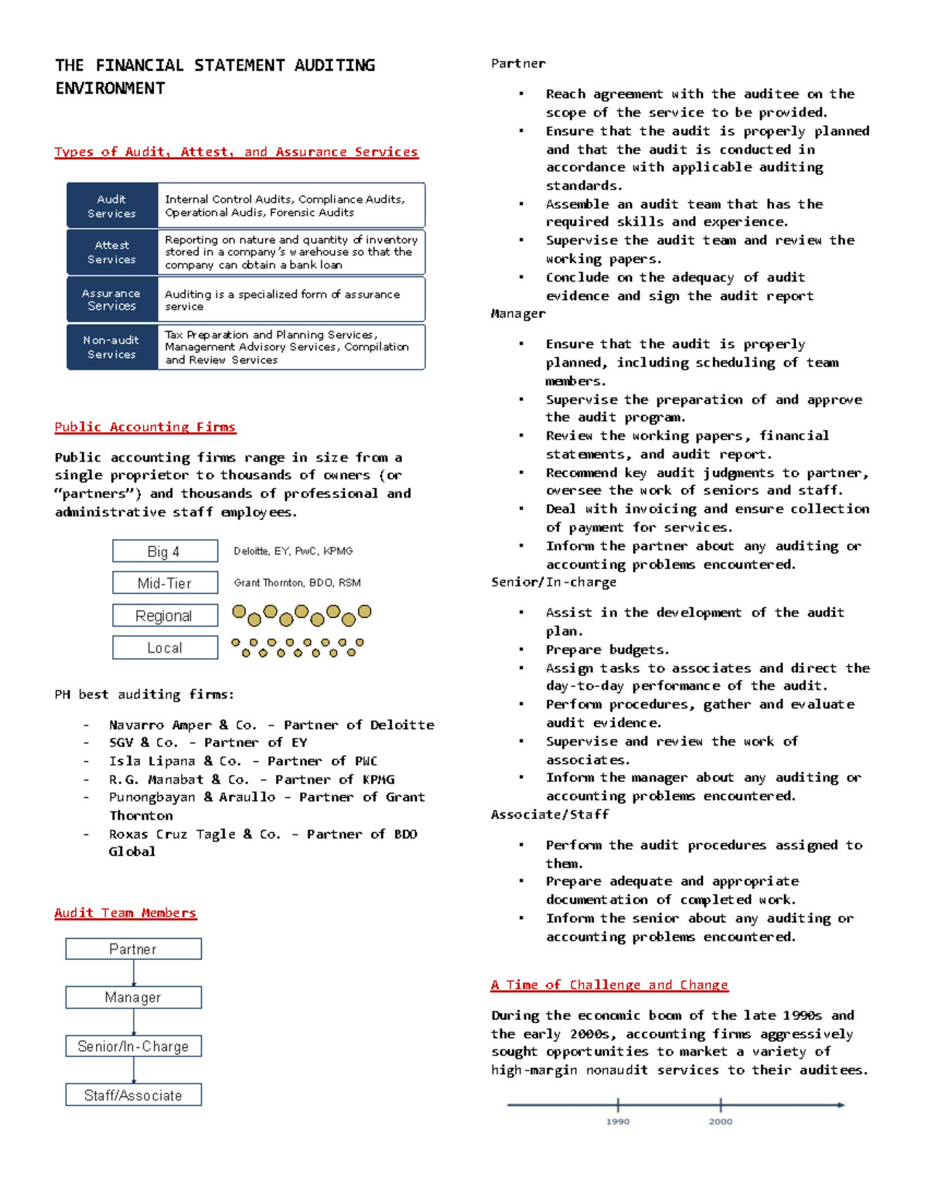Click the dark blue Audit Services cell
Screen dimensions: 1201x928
coord(112,206)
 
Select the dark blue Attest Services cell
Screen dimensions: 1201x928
coord(112,252)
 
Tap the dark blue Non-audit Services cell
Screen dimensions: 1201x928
coord(112,347)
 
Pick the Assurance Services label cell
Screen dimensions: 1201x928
coord(112,299)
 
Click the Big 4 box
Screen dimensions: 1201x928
coord(165,551)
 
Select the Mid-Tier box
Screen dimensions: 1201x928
coord(165,583)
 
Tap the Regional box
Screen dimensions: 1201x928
coord(165,616)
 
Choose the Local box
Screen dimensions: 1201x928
coord(165,647)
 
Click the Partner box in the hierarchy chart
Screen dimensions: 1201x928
coord(133,949)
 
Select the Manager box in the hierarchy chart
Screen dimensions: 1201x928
coord(133,998)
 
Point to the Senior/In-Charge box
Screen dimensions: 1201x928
coord(133,1046)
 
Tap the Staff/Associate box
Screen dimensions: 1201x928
coord(133,1095)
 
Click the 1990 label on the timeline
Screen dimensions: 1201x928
coord(618,1121)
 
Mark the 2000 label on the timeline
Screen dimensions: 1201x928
coord(721,1121)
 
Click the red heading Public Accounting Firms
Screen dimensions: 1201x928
coord(145,427)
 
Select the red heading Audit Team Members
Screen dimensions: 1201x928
coord(125,913)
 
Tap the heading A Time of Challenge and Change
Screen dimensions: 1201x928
coord(609,984)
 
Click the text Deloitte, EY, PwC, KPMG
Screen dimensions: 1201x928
coord(293,551)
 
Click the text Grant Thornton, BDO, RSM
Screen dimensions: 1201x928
coord(297,583)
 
